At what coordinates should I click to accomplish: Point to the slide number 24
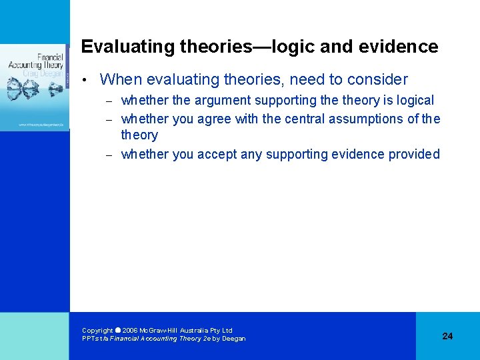(x=447, y=336)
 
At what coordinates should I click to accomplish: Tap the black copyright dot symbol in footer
(x=118, y=330)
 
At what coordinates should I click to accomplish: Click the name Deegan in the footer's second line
(x=233, y=339)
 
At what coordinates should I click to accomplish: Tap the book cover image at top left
(x=35, y=87)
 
